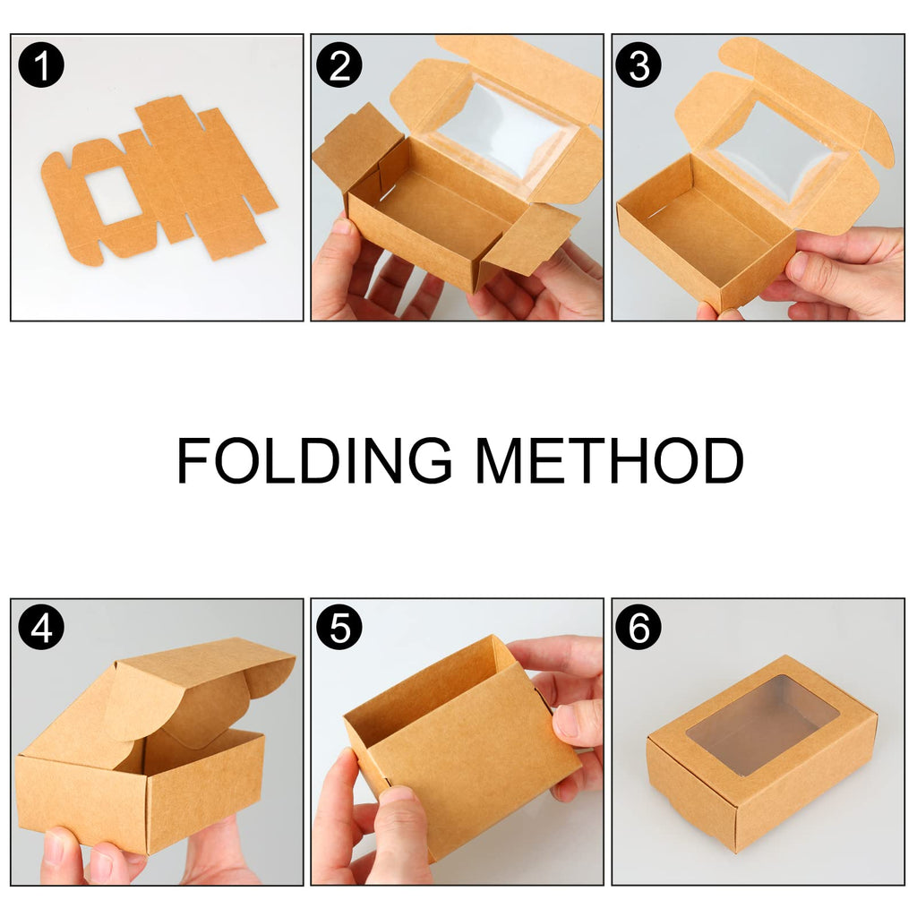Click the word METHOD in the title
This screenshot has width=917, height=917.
pos(609,462)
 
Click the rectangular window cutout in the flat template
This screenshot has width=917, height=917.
pos(113,195)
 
